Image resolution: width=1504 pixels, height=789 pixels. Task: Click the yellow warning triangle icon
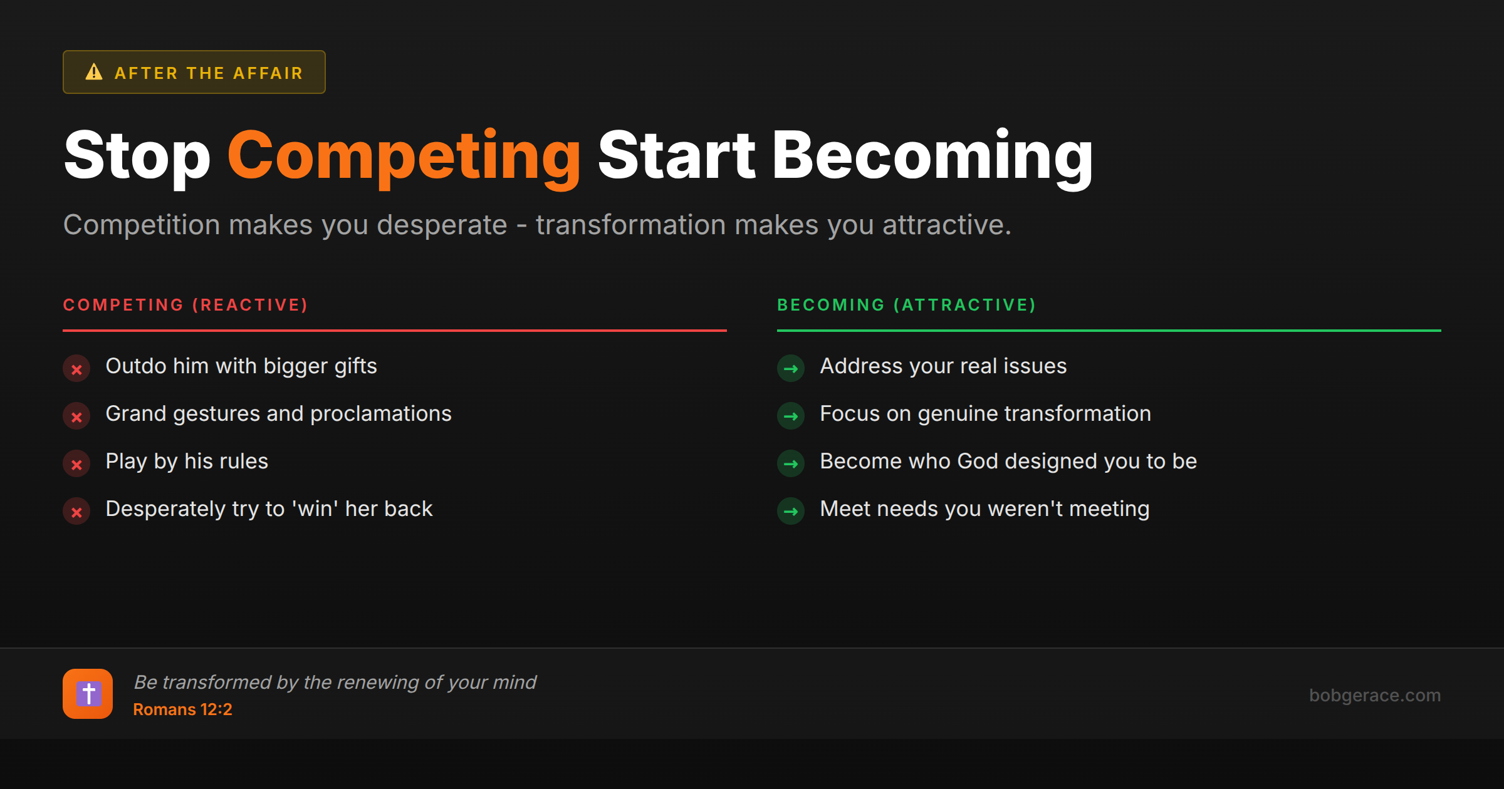coord(94,72)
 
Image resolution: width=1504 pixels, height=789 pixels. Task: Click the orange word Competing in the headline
coord(404,156)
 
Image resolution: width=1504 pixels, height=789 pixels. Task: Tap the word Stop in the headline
coord(137,156)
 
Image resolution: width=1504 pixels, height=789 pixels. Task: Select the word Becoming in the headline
coord(932,156)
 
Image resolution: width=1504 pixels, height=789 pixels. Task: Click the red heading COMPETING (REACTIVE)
coord(185,305)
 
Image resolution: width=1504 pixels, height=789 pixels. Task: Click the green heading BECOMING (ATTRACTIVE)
coord(906,305)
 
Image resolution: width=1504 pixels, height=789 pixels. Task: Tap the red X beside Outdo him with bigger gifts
coord(76,369)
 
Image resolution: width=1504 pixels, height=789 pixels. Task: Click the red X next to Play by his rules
coord(76,465)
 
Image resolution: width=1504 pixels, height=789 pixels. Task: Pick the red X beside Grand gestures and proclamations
coord(76,417)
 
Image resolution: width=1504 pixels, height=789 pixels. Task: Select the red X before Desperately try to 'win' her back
coord(76,512)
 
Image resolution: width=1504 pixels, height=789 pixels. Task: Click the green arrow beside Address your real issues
coord(791,369)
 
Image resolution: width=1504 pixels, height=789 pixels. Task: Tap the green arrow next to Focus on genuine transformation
coord(791,416)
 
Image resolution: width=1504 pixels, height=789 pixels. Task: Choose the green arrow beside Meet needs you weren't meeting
coord(791,512)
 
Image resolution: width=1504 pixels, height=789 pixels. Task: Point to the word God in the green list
coord(978,462)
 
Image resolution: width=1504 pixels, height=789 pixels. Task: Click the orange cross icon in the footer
coord(88,694)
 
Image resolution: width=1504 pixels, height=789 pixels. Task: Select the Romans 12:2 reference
coord(182,709)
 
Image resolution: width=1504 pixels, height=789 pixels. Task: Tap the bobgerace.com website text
coord(1374,695)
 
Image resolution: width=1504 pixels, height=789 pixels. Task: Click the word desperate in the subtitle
coord(442,225)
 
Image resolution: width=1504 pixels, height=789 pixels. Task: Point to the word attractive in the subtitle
coord(946,225)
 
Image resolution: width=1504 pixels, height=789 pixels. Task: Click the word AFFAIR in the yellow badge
coord(268,73)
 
